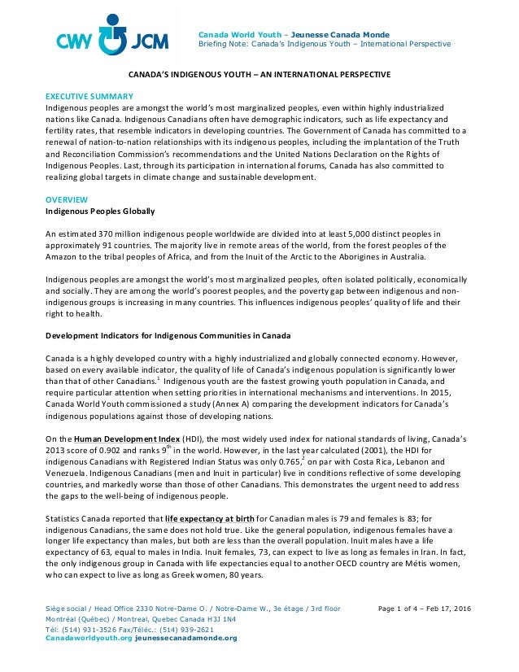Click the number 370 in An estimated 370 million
(x=112, y=235)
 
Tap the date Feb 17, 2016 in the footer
(x=459, y=610)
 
